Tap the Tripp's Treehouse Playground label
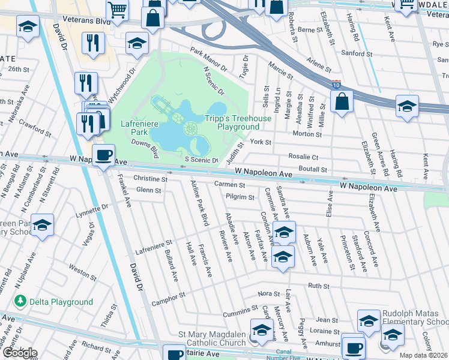tap(238, 123)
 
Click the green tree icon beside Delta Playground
tap(21, 301)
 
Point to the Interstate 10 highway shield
tap(336, 86)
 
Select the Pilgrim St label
tap(241, 197)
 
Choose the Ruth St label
tap(316, 286)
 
